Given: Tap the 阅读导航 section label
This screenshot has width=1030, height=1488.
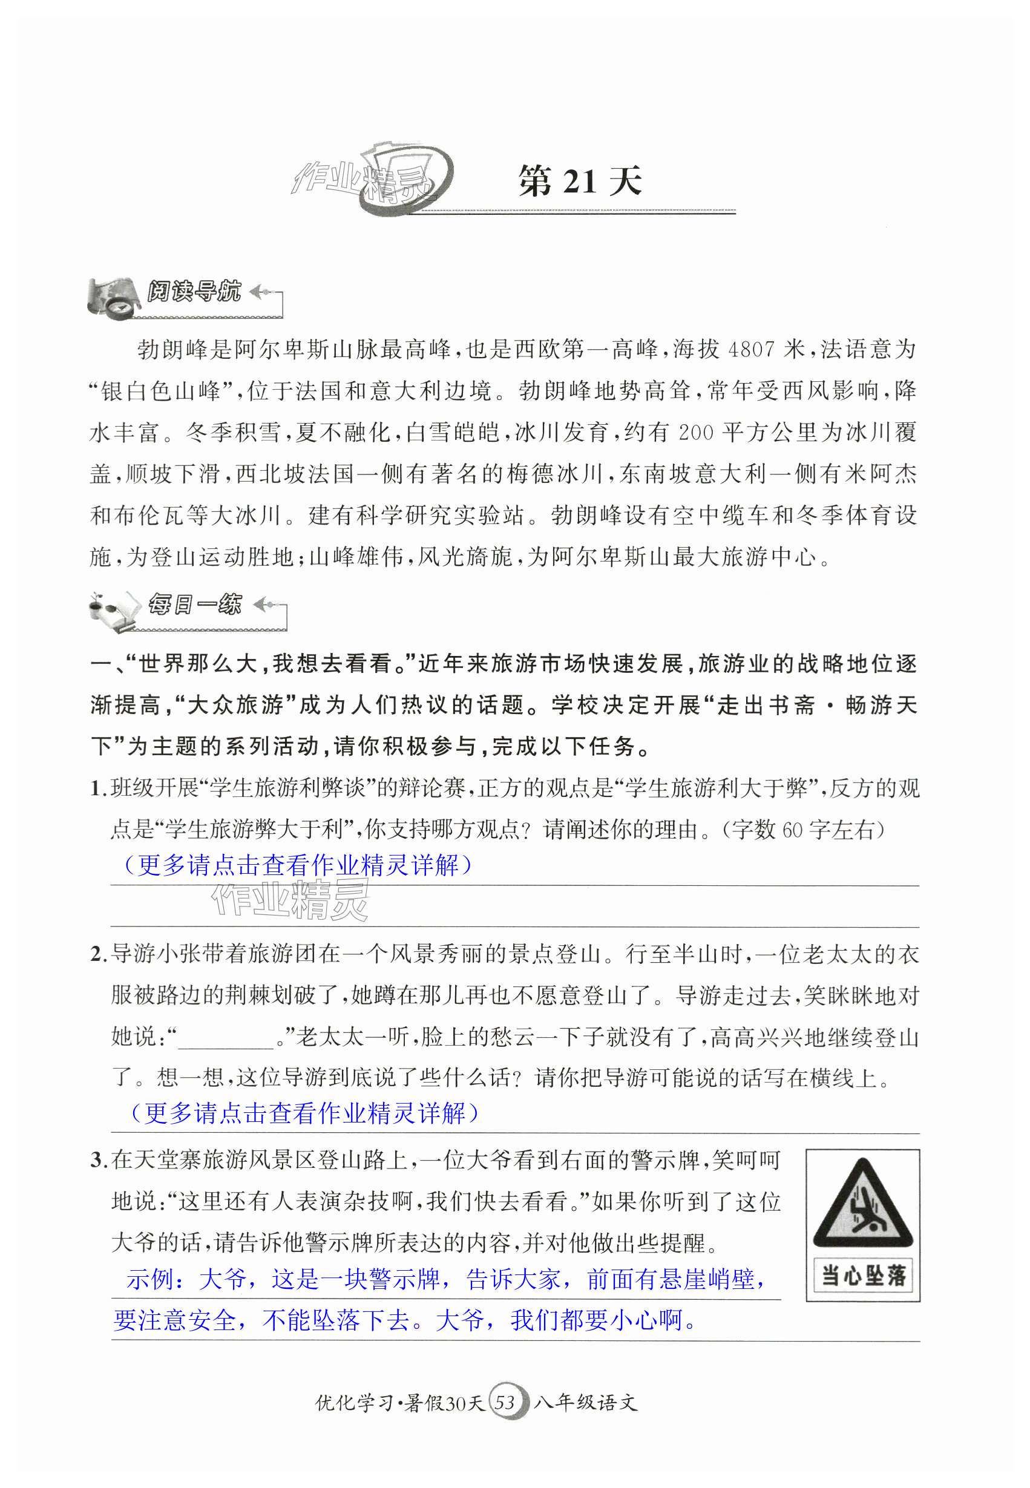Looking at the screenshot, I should coord(194,292).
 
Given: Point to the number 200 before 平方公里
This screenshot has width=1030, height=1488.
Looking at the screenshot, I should coord(696,432).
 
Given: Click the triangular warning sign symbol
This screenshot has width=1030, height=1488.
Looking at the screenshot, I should coord(862,1205).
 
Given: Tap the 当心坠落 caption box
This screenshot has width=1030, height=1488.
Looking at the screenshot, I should coord(863,1275).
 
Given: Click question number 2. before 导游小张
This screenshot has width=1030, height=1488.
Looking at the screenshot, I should coord(99,954).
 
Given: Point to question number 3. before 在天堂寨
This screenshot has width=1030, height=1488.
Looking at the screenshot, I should coord(99,1160).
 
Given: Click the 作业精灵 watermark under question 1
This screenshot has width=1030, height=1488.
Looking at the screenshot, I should coord(290,900).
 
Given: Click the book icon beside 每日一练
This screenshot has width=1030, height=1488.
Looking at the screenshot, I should coord(116,610).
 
